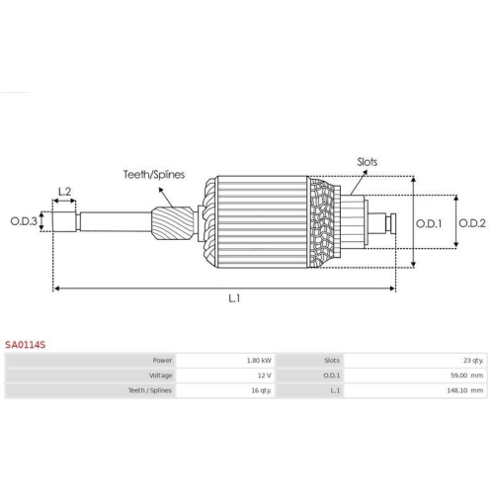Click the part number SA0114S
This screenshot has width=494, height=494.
[x=25, y=345]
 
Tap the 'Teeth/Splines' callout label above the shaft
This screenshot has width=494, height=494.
[x=154, y=174]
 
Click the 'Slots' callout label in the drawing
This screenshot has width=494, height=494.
[x=368, y=162]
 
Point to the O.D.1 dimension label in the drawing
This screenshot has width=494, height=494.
[x=429, y=223]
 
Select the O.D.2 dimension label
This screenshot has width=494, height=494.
[x=472, y=223]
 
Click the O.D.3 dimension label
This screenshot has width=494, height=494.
[x=24, y=221]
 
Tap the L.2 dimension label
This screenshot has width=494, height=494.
[x=64, y=192]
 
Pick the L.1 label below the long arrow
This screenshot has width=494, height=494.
[x=234, y=298]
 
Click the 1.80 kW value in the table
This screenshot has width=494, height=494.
[x=259, y=361]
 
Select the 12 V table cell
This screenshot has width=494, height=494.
[x=265, y=375]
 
